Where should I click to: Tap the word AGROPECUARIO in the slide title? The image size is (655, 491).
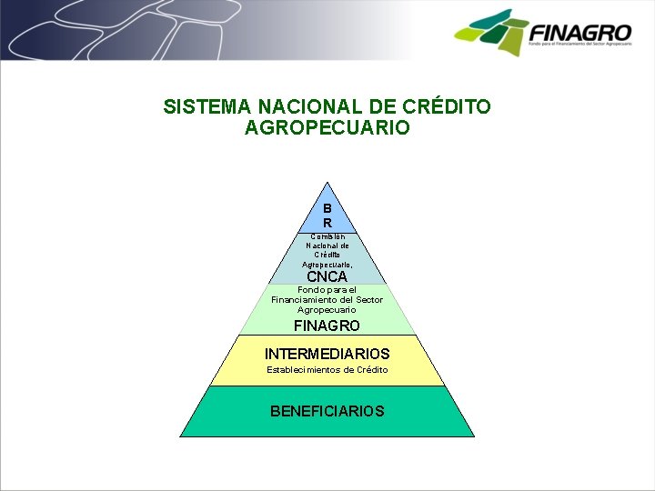tap(327, 128)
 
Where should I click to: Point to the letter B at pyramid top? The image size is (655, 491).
tap(327, 208)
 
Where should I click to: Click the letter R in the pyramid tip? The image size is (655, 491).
tap(327, 223)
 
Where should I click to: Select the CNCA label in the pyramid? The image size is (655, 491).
tap(327, 276)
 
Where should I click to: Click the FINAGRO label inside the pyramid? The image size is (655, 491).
tap(327, 326)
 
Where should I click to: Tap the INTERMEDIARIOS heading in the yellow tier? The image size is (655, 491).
tap(327, 353)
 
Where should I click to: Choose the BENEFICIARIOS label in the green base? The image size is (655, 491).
tap(327, 411)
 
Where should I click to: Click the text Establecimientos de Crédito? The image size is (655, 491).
tap(327, 370)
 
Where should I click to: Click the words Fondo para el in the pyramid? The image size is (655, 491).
tap(327, 290)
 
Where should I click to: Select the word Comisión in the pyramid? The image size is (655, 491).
tap(327, 236)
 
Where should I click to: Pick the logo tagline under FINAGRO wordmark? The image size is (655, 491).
tap(579, 44)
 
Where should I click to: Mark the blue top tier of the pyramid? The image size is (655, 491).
tap(327, 216)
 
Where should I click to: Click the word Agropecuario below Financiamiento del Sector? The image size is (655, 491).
tap(327, 310)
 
